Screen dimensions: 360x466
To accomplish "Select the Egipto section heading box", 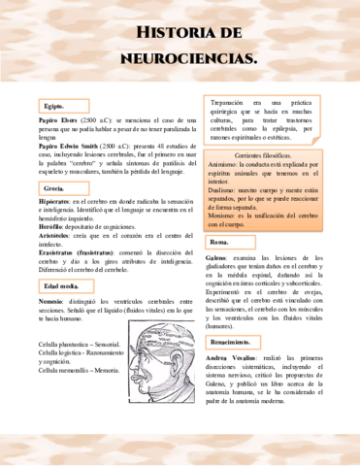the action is (52, 106).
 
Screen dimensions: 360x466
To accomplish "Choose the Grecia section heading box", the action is (53, 187).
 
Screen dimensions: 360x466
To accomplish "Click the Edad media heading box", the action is (59, 287).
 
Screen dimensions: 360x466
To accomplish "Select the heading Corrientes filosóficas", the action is (261, 155).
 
